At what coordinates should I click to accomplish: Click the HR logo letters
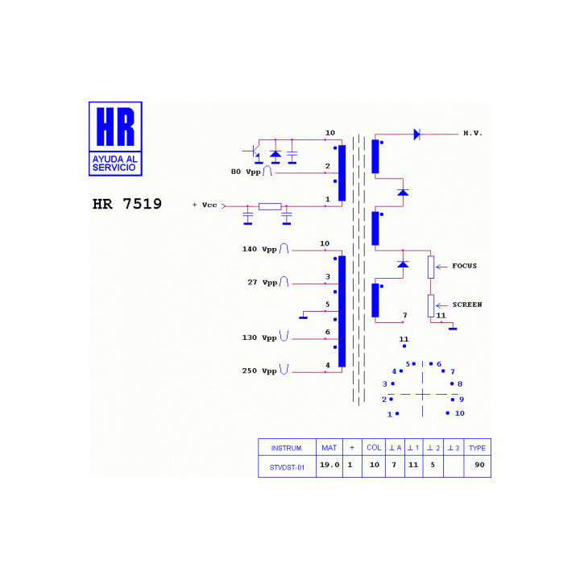(115, 126)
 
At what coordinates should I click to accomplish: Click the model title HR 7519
(127, 204)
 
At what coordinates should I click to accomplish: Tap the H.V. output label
(473, 133)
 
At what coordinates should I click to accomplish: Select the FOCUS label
(464, 266)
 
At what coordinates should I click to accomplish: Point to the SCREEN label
(467, 304)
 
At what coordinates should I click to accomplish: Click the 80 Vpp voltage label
(246, 172)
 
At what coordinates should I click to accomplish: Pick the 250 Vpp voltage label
(259, 371)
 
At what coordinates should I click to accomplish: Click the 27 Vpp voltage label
(263, 283)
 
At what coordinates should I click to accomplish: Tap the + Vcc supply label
(205, 205)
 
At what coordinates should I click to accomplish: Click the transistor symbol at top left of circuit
(255, 151)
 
